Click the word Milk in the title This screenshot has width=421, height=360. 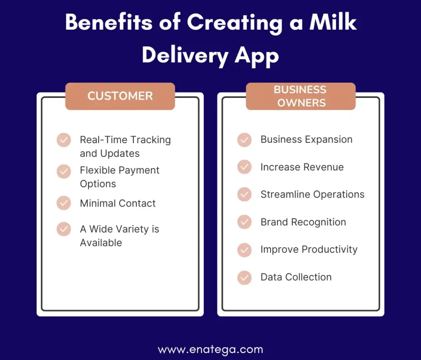[333, 22]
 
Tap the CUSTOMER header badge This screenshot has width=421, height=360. [120, 96]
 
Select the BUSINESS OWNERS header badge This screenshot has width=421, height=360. [301, 96]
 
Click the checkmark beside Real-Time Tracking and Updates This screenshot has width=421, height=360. [64, 140]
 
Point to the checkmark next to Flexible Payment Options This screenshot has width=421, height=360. [64, 171]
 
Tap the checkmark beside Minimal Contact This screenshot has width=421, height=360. [64, 203]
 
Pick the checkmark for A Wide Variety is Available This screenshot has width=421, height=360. [64, 229]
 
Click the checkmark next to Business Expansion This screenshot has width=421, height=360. [244, 140]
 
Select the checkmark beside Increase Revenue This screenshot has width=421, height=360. [244, 167]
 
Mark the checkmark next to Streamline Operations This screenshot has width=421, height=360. [244, 194]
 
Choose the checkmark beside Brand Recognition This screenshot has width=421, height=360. [244, 222]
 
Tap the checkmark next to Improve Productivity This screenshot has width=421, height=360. [244, 250]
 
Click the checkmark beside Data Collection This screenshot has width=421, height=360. [244, 278]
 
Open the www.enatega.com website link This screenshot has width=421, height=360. [210, 350]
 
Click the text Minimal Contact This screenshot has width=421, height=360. [118, 203]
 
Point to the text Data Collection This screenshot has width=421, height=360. [296, 277]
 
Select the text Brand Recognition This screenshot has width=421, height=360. [303, 222]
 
